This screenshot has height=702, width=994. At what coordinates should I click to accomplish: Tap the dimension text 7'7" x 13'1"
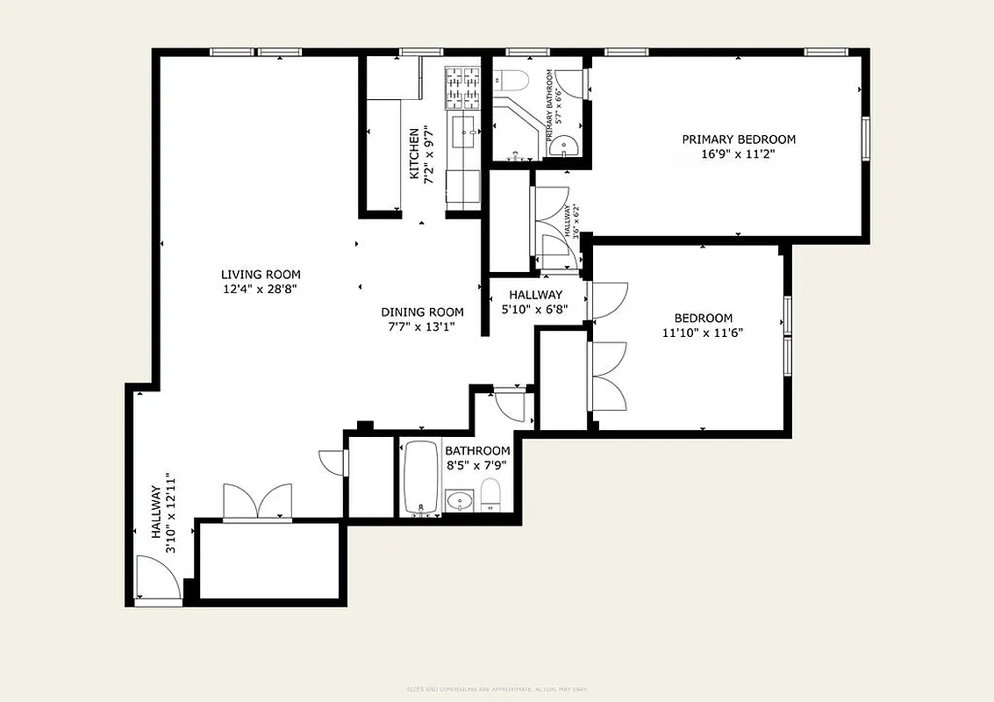tap(422, 327)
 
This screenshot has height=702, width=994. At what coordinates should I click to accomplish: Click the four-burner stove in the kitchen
tap(463, 86)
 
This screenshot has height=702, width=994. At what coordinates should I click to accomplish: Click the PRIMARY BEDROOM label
tap(739, 140)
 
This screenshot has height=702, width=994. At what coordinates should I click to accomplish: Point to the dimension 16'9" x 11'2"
tap(739, 154)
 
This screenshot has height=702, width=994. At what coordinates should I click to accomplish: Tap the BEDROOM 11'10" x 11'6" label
tap(703, 326)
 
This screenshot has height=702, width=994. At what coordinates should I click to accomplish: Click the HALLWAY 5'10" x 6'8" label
tap(534, 302)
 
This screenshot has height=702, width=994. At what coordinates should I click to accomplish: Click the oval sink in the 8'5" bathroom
tap(458, 502)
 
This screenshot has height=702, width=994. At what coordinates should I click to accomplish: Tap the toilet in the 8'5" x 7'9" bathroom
tap(490, 496)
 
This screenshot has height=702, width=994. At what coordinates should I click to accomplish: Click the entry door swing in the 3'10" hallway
tap(157, 579)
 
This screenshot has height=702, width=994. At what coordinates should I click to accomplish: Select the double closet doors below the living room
tap(256, 503)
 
